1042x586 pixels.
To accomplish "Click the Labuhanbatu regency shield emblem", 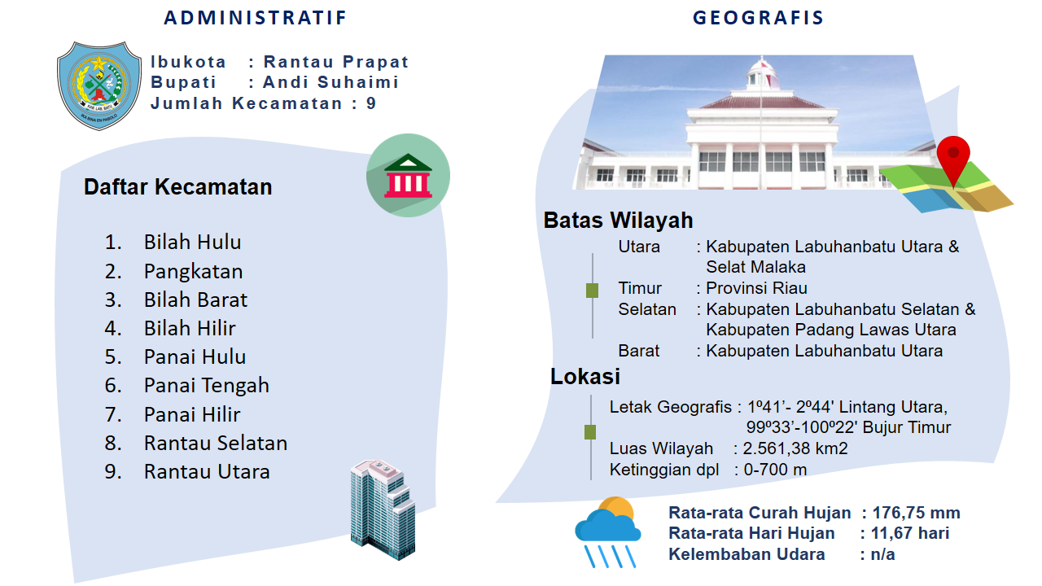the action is click(x=99, y=85).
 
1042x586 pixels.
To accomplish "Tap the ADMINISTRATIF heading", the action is click(x=256, y=18).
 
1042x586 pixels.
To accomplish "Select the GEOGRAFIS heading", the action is click(x=758, y=18).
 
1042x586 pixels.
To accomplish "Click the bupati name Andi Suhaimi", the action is click(x=331, y=82).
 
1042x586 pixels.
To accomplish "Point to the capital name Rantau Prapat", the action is click(x=336, y=62).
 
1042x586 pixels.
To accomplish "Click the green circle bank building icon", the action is click(x=408, y=175).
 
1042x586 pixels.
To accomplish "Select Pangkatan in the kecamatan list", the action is click(x=193, y=272).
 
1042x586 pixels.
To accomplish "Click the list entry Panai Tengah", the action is click(x=207, y=386).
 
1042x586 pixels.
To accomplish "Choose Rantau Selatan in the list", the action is click(x=216, y=443).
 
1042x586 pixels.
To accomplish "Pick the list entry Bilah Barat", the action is click(x=195, y=300).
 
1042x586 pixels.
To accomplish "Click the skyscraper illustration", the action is click(x=383, y=509).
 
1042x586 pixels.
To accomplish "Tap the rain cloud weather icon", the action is click(x=608, y=532).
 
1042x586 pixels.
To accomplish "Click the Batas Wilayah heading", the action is click(x=618, y=221).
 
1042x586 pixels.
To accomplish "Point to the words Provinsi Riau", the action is click(x=756, y=288).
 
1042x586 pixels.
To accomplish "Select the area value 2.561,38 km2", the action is click(x=795, y=448).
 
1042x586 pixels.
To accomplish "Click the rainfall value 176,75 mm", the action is click(x=916, y=513).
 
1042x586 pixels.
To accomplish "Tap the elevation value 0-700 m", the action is click(x=775, y=470).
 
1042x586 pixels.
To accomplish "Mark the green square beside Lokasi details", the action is click(x=590, y=432).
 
